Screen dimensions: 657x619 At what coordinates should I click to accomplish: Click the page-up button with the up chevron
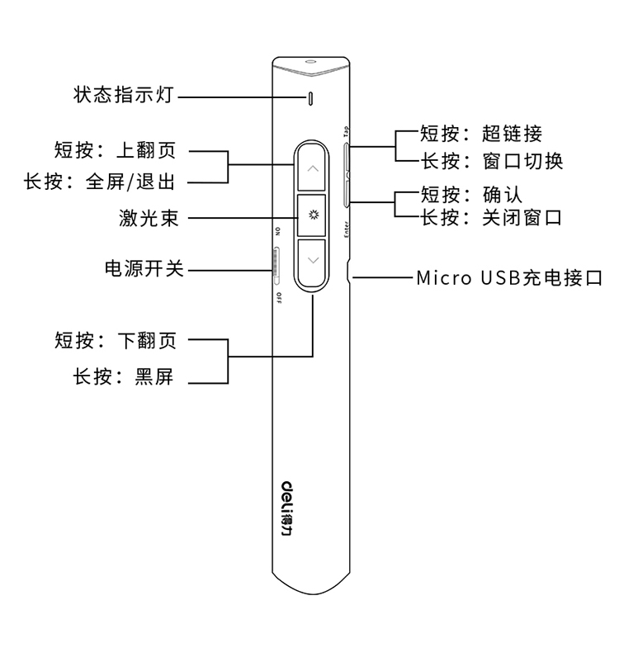coord(312,168)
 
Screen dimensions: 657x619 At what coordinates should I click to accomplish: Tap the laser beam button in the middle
coord(312,216)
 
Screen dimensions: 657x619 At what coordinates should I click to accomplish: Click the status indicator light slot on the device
coord(310,98)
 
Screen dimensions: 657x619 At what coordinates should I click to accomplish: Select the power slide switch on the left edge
coord(276,261)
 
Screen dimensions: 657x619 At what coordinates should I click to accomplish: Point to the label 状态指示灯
coord(124,96)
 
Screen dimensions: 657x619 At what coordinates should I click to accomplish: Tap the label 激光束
coord(149,219)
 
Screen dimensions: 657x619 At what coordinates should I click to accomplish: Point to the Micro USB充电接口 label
coord(509,278)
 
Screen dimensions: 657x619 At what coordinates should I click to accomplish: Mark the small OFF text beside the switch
coord(278,296)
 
